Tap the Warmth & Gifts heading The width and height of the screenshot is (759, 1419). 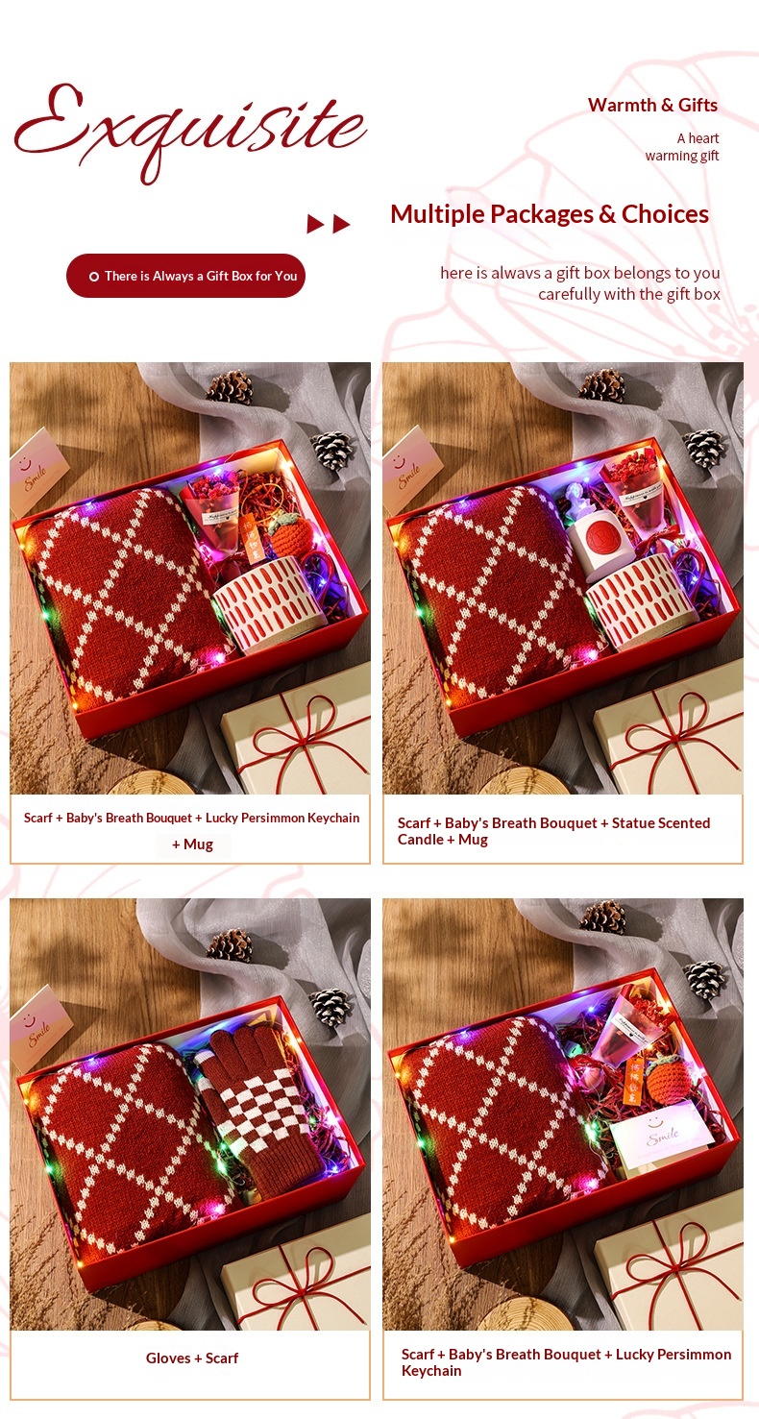[652, 105]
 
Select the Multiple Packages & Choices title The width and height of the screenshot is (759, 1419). [550, 214]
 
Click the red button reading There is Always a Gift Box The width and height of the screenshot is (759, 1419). [185, 276]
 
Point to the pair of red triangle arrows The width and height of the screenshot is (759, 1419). [329, 224]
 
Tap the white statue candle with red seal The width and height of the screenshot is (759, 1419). [596, 532]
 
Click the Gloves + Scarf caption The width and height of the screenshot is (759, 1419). [192, 1358]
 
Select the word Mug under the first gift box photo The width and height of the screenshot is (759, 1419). [198, 844]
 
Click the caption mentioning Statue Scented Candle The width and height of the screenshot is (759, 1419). [553, 830]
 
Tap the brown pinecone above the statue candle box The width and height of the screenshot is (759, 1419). [602, 385]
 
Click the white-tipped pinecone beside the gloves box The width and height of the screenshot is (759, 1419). [331, 1006]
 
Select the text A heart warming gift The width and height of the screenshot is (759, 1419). [682, 147]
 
